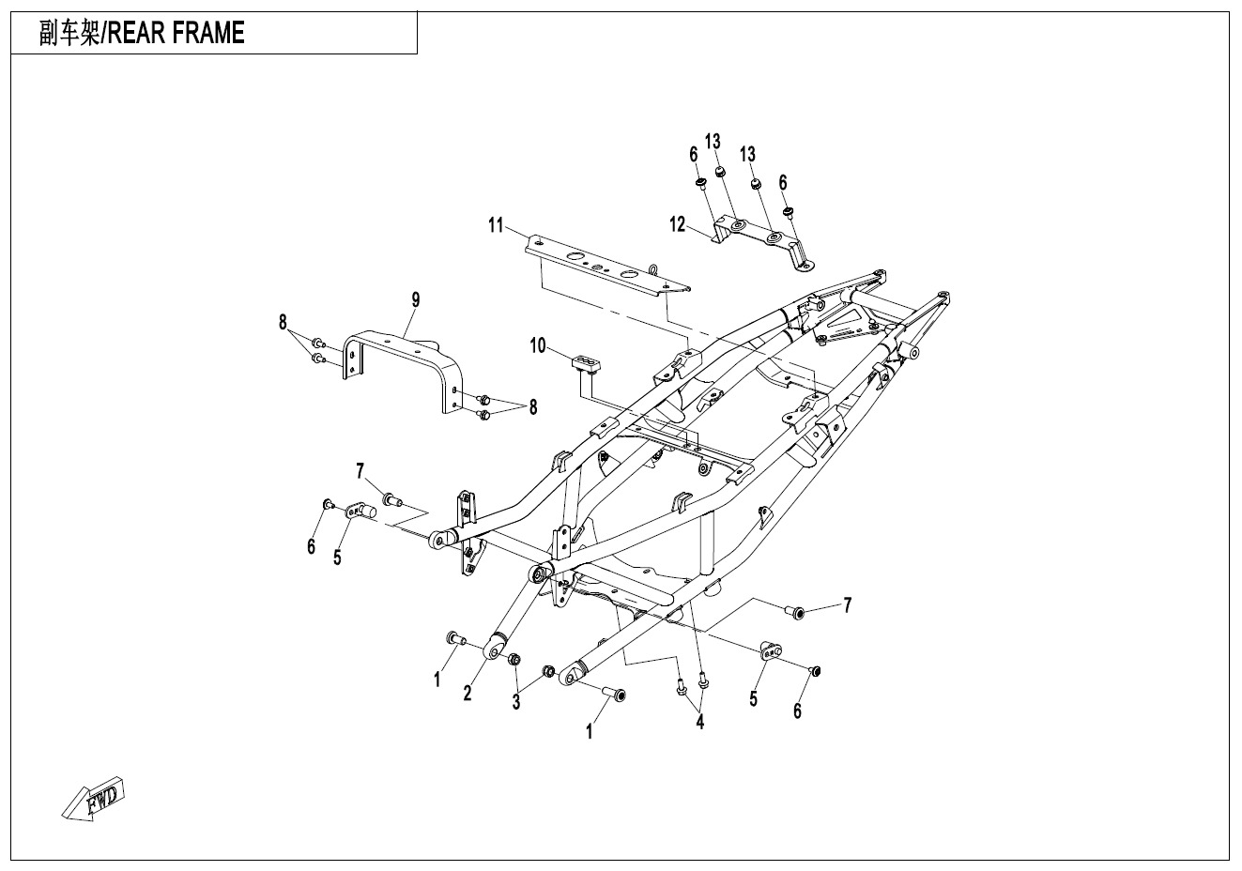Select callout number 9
coord(415,299)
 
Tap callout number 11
coord(496,224)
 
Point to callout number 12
coord(678,224)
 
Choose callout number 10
coord(537,345)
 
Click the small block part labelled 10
coord(584,361)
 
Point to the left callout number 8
coord(283,323)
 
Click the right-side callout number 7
coord(847,605)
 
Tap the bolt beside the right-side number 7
coord(795,613)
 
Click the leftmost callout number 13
coord(713,143)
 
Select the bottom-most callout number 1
coord(590,732)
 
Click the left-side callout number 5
coord(337,557)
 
